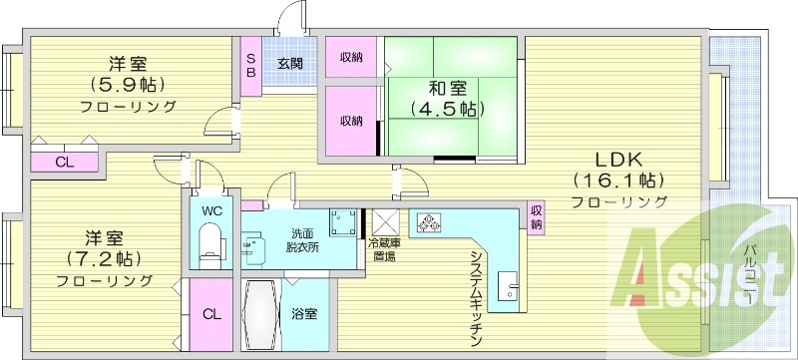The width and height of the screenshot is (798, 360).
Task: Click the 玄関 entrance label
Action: pyautogui.click(x=290, y=64)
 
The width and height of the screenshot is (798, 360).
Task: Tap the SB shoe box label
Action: pyautogui.click(x=251, y=65)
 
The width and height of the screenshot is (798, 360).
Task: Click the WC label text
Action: pyautogui.click(x=211, y=211)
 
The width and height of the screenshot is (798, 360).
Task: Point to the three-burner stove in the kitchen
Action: pyautogui.click(x=429, y=222)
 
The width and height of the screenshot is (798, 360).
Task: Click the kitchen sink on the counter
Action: pyautogui.click(x=508, y=287)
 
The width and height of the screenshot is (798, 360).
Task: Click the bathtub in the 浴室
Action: pyautogui.click(x=261, y=314)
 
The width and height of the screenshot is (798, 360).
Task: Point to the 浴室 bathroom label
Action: pyautogui.click(x=304, y=314)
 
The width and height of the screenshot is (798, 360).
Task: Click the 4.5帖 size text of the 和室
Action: pyautogui.click(x=447, y=109)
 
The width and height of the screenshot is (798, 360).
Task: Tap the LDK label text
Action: pyautogui.click(x=618, y=161)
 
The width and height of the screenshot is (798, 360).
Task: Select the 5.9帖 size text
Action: pyautogui.click(x=129, y=84)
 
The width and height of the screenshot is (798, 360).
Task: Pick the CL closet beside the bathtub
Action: pyautogui.click(x=211, y=314)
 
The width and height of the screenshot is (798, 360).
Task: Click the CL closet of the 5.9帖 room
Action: pyautogui.click(x=65, y=163)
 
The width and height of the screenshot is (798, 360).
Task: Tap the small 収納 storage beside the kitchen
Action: pyautogui.click(x=537, y=217)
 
